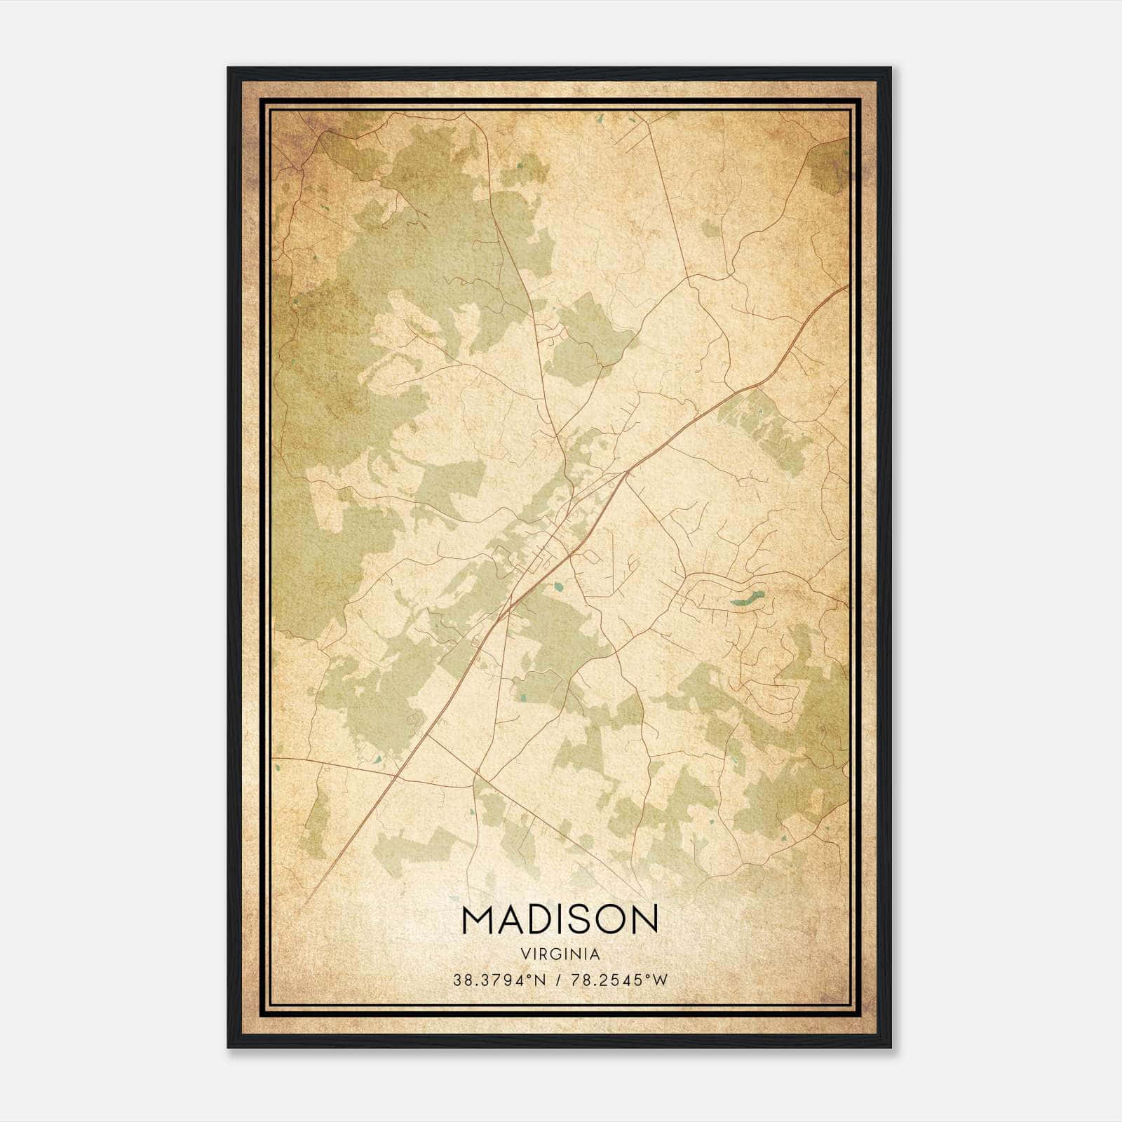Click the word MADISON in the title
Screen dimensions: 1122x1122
tap(560, 919)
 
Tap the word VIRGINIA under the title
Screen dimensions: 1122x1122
tap(560, 954)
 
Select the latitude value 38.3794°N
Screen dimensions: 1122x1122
tap(499, 980)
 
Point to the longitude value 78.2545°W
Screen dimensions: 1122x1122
tap(617, 980)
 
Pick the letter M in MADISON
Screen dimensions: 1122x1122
tap(477, 919)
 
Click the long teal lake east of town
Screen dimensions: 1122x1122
tap(747, 598)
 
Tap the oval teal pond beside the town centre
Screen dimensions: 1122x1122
tap(559, 585)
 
